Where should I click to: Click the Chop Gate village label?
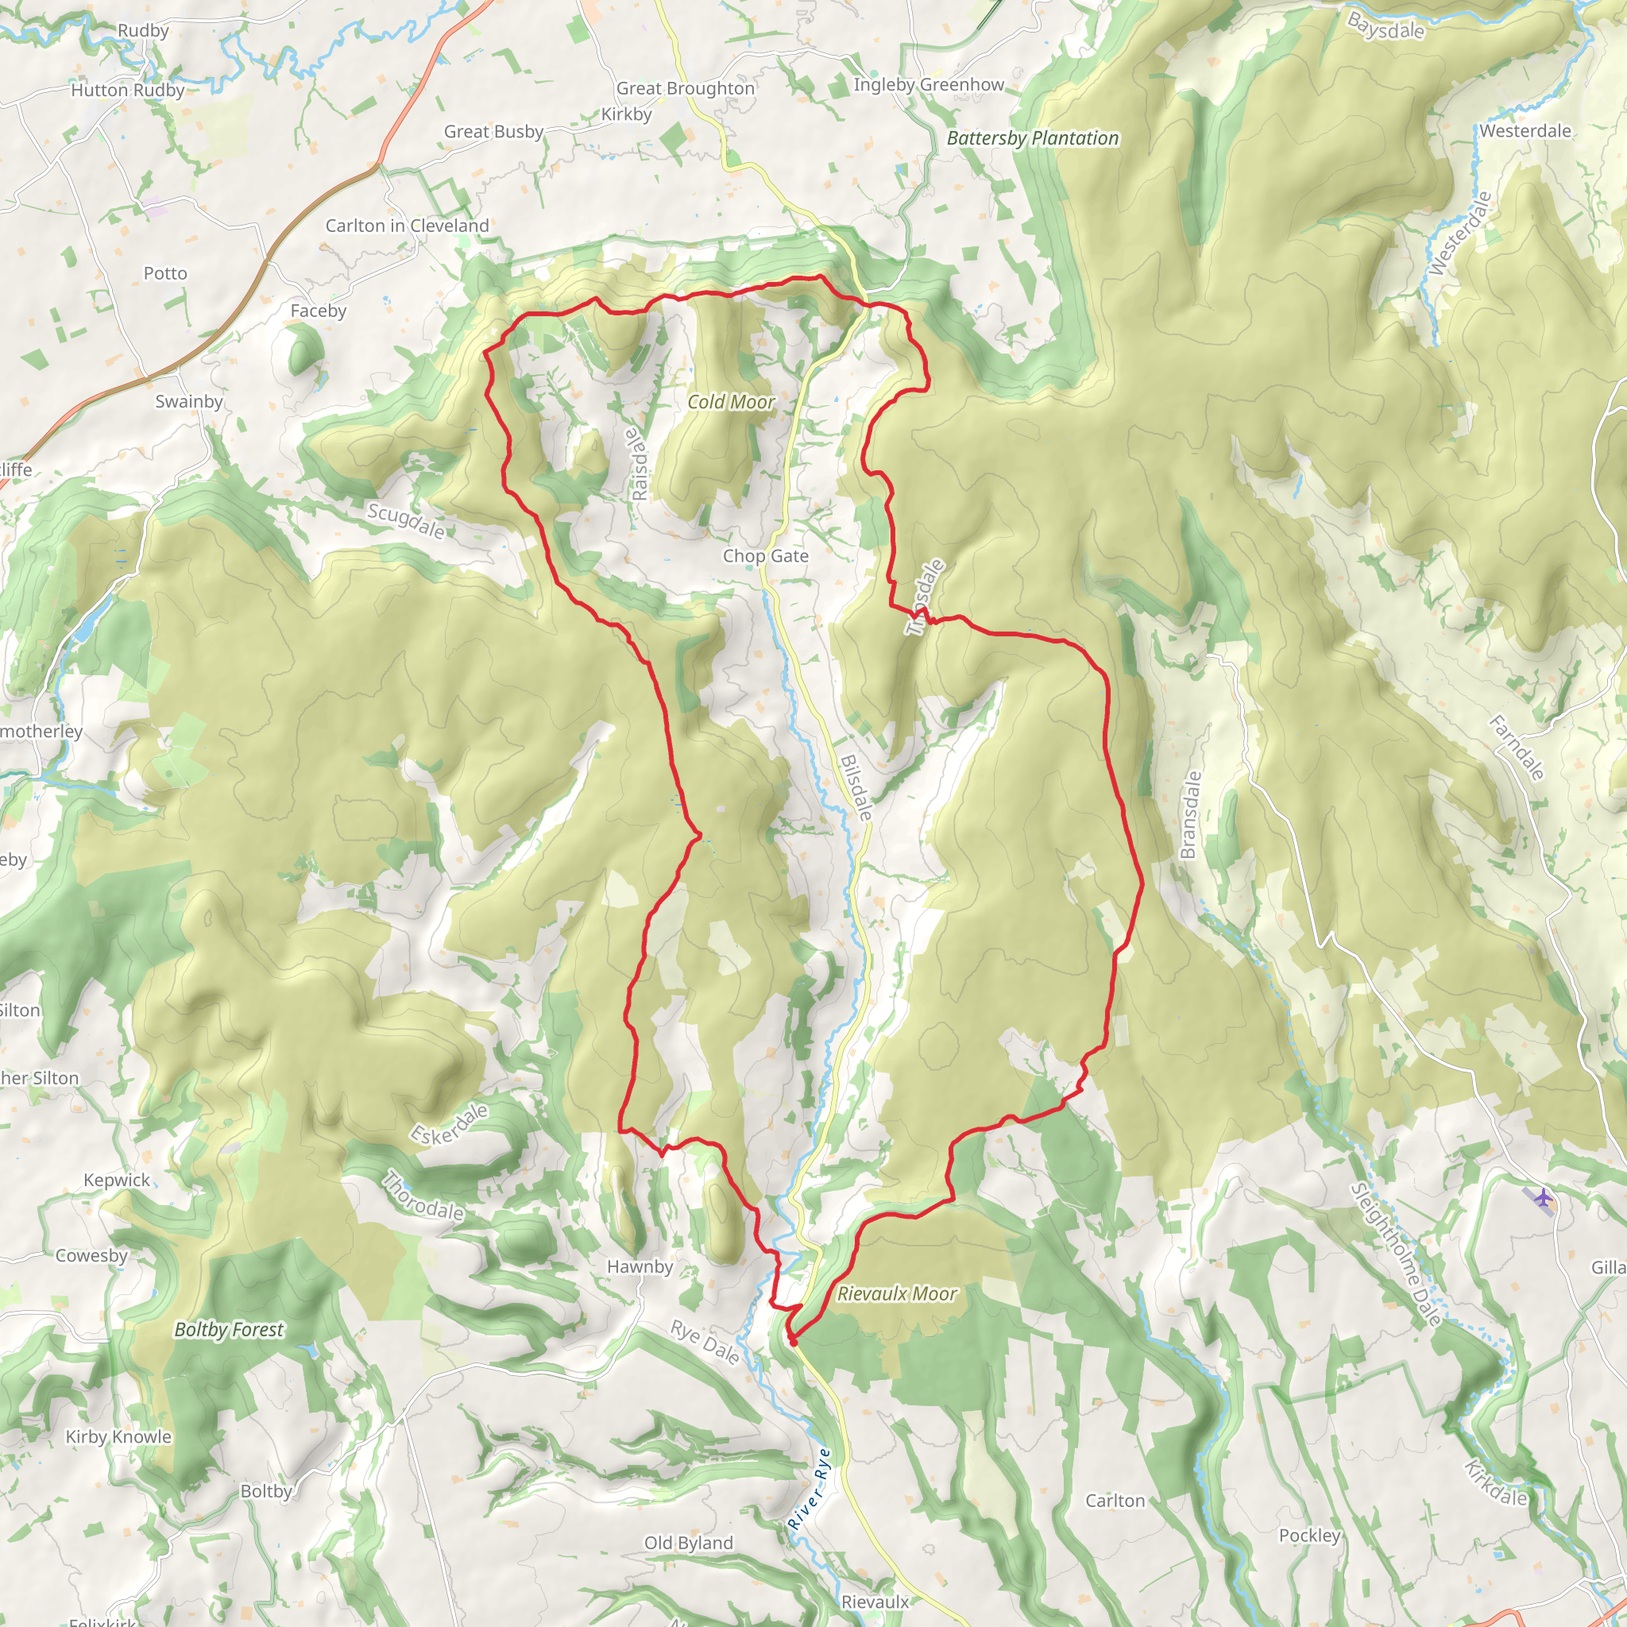coord(765,556)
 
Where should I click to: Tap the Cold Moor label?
coord(730,403)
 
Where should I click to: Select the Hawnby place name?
coord(640,1266)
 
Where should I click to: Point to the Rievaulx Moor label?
coord(896,1293)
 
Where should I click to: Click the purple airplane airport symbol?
coord(1542,1196)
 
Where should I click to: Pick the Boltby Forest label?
coord(228,1330)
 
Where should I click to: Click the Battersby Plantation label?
coord(1033,138)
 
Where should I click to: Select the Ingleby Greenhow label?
coord(928,85)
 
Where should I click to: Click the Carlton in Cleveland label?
coord(407,226)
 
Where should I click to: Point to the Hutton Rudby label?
coord(127,90)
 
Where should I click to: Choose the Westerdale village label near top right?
coord(1525,130)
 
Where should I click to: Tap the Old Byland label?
coord(688,1543)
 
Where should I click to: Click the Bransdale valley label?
coord(1188,814)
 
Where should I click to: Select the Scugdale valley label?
coord(406,521)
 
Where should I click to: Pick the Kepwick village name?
coord(116,1180)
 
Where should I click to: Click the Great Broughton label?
coord(685,88)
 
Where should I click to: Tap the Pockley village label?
coord(1308,1535)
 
